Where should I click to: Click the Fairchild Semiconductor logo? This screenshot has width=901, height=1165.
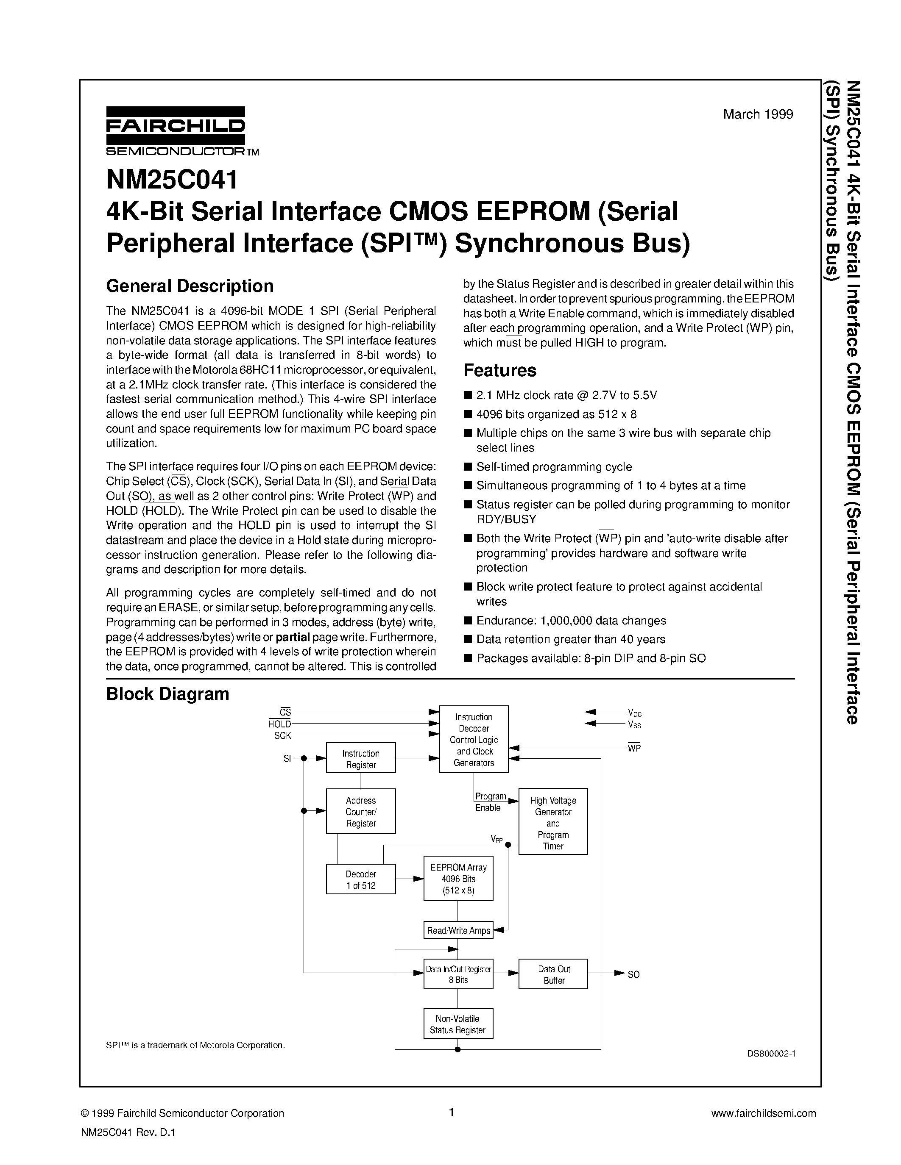coord(176,130)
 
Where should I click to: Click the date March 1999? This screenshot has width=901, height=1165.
coord(758,114)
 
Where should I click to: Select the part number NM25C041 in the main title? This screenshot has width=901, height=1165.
coord(172,180)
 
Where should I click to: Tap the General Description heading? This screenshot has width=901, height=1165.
coord(190,286)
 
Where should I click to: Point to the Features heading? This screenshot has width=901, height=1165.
coord(499,370)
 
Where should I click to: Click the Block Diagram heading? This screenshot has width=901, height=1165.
coord(167,694)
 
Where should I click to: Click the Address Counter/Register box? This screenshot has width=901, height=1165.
coord(361,811)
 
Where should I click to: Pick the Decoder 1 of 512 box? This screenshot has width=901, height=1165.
coord(361,879)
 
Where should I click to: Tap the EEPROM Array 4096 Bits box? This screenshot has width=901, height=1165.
coord(458,879)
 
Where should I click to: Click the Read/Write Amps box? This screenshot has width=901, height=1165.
coord(458,930)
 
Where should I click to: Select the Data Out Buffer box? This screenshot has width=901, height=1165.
coord(553,974)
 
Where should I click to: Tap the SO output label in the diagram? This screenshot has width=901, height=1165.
coord(633,974)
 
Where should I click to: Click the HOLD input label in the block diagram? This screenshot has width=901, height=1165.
coord(280,724)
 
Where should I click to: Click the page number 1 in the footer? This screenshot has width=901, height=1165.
coord(451,1113)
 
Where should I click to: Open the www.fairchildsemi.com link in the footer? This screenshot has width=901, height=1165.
coord(764,1113)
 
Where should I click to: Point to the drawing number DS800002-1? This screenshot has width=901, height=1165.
coord(771,1054)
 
